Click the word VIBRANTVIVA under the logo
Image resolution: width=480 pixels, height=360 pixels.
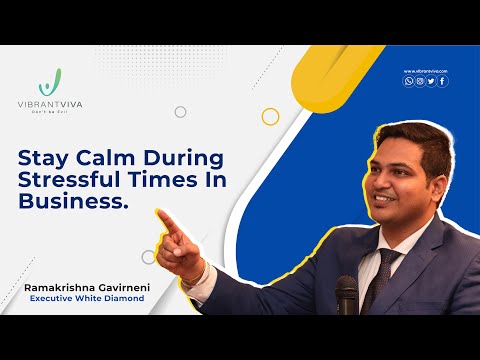pos(56,103)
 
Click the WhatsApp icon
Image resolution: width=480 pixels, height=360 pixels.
pos(408,81)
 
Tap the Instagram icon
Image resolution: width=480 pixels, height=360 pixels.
pos(420,81)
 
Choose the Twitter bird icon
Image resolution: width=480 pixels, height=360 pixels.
pos(431,81)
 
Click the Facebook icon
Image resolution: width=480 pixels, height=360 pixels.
pos(443,81)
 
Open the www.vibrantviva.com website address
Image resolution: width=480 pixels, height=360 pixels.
pos(425,71)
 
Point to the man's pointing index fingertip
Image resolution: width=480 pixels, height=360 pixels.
pos(159,213)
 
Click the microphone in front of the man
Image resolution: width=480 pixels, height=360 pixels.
pos(346,294)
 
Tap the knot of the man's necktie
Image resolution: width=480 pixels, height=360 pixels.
pos(386,262)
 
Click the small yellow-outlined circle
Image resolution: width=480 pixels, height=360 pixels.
pos(270,117)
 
